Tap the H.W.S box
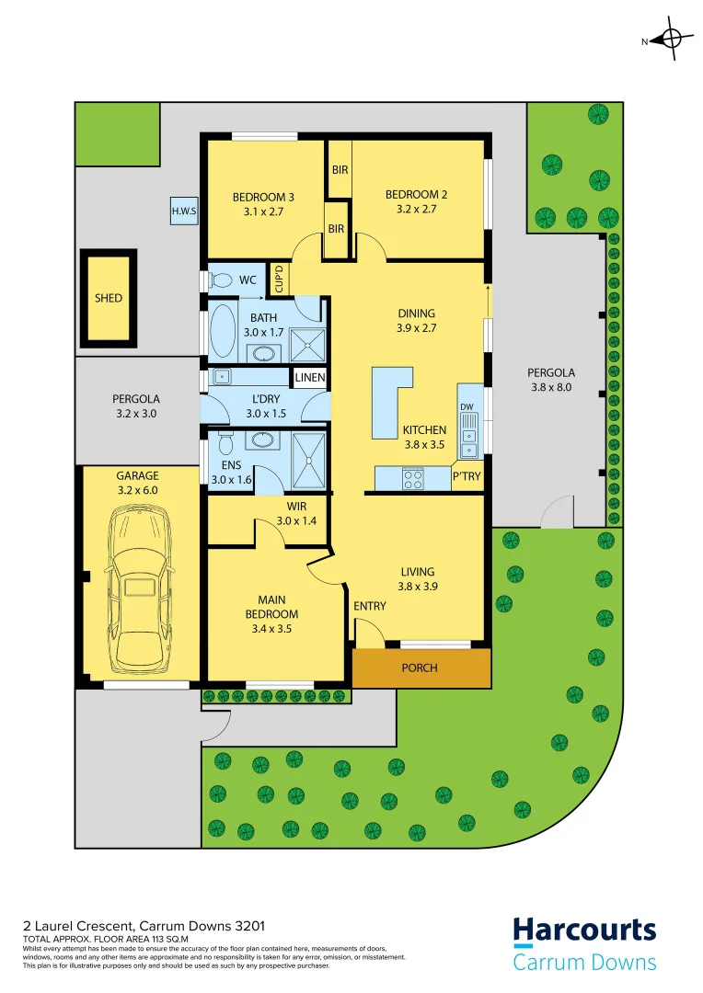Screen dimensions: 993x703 click(184, 211)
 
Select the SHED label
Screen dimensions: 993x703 click(108, 298)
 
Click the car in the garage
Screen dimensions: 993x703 click(139, 592)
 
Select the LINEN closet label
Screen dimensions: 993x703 click(308, 378)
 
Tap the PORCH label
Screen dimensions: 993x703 click(420, 668)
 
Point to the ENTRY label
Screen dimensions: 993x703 click(370, 606)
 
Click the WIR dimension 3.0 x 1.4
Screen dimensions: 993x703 click(295, 521)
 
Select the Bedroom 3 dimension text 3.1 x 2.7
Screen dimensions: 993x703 click(263, 211)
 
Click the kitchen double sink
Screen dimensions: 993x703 click(469, 436)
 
